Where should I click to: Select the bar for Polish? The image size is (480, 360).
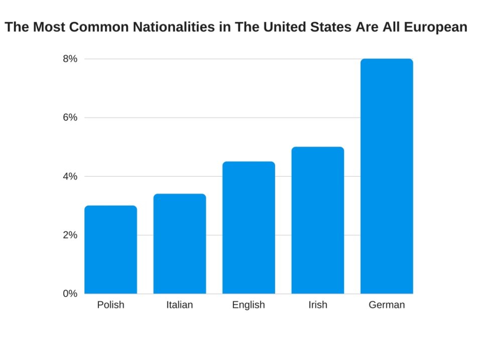coord(110,250)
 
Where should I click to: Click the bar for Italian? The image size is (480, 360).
coord(179,244)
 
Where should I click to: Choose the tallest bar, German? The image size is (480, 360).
coord(387,176)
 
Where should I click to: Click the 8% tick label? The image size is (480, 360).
coord(70,59)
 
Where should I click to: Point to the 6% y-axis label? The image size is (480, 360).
coord(70,117)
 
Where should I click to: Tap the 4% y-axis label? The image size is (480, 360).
coord(70,176)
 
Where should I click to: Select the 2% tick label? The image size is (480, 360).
coord(70,235)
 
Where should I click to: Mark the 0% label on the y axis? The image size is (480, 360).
coord(70,294)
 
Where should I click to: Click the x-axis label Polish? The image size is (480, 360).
coord(110,305)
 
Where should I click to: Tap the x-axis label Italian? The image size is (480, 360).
coord(179,305)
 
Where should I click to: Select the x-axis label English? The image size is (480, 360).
coord(249,305)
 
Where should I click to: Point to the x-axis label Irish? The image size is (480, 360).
coord(317,305)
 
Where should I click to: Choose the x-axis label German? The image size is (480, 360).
coord(387,305)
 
